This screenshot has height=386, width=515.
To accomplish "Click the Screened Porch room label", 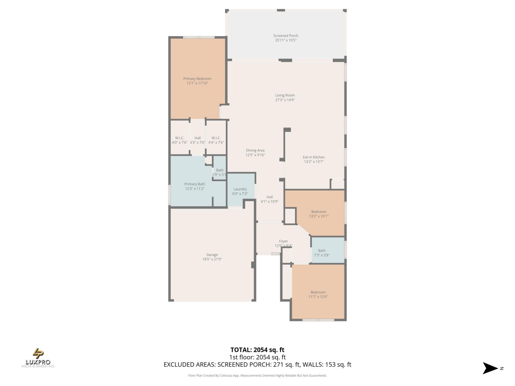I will (x=286, y=36).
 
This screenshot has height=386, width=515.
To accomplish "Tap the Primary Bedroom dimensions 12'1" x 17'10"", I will (x=197, y=83).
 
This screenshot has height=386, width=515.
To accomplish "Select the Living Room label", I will (x=285, y=95).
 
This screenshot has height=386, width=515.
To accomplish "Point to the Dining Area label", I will (x=255, y=150).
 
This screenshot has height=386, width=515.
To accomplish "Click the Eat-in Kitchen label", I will (x=314, y=157).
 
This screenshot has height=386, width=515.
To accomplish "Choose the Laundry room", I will (x=240, y=189).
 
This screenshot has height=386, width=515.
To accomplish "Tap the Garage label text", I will (x=212, y=255).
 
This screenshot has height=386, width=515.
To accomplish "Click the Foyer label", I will (x=283, y=241).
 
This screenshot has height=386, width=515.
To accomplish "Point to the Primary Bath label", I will (x=195, y=184).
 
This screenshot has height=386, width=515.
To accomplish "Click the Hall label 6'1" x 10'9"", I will (x=270, y=197).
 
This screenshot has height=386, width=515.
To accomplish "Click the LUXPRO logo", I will (x=38, y=358).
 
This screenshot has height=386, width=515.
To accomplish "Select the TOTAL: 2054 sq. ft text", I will (x=257, y=350).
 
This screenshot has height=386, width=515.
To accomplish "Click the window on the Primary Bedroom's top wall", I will (x=199, y=37).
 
